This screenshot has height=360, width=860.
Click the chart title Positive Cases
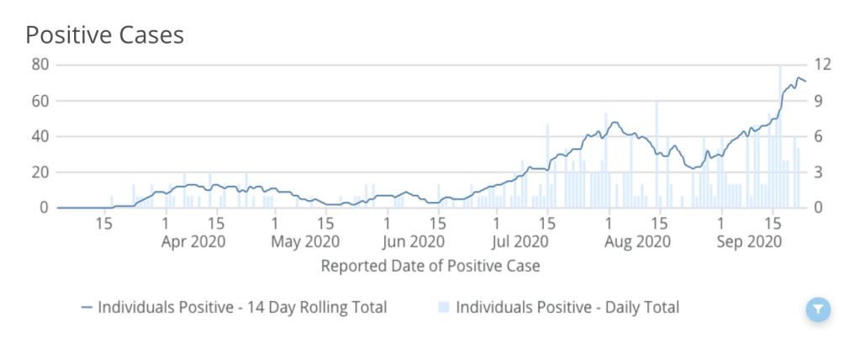(x=104, y=34)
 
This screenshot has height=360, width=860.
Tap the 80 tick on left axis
(x=40, y=65)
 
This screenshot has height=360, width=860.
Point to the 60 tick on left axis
(x=40, y=101)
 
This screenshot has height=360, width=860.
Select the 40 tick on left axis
(x=40, y=136)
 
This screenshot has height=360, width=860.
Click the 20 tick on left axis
(x=40, y=172)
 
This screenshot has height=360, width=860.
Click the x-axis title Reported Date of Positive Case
(x=430, y=267)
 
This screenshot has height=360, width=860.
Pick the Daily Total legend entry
(x=558, y=307)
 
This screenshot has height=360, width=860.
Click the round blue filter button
(x=818, y=310)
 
